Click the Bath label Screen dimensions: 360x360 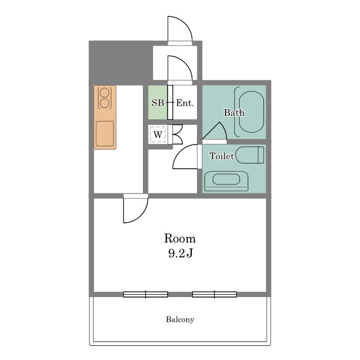234,112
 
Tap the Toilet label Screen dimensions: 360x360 222,156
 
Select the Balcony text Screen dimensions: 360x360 180,319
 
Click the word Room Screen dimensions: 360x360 180,238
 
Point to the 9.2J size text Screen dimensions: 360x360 180,253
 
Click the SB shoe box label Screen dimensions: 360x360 158,103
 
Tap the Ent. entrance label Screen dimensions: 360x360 185,103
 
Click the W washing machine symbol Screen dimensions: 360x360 157,134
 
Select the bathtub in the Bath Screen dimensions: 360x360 251,112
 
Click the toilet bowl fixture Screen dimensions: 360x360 250,155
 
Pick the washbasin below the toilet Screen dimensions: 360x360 226,181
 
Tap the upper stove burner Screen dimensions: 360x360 105,93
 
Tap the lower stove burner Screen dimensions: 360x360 105,103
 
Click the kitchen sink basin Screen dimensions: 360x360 105,134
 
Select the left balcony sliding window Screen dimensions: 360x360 146,294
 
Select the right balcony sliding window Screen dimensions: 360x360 214,294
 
